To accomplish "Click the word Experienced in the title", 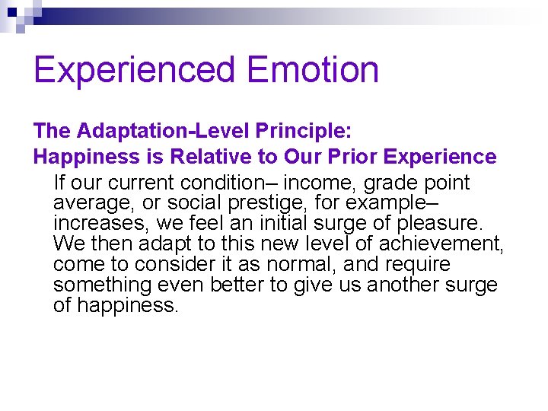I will pyautogui.click(x=135, y=71).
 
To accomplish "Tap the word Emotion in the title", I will pyautogui.click(x=313, y=71).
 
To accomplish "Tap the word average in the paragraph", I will pyautogui.click(x=88, y=203).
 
